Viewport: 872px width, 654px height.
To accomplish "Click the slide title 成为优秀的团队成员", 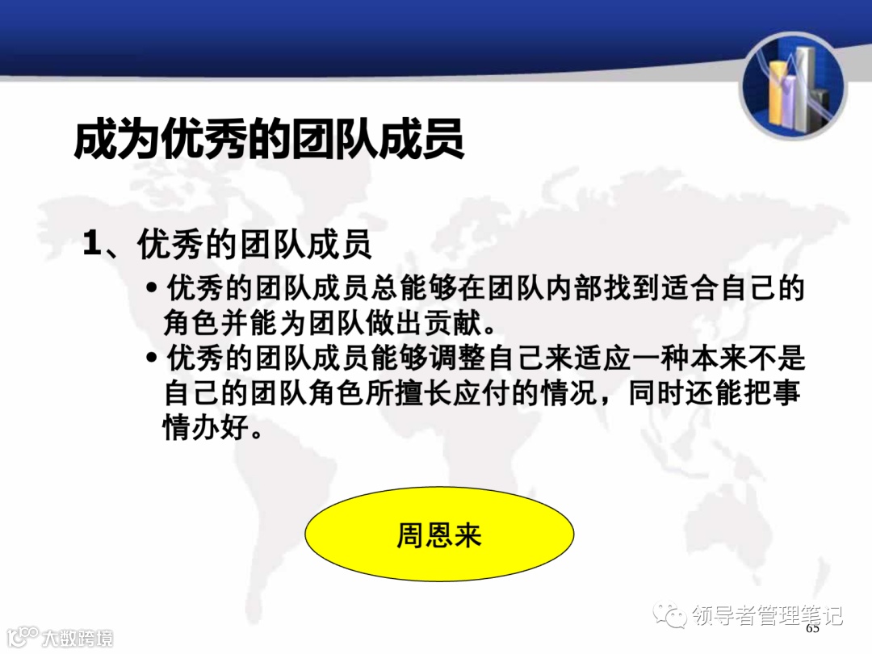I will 269,139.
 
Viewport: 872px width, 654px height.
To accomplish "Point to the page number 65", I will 812,629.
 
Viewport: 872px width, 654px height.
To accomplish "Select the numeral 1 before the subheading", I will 93,245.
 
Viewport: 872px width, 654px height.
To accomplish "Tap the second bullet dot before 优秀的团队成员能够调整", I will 152,358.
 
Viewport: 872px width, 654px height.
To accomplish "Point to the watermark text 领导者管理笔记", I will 767,615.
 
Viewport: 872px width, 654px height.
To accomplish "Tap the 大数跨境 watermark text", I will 78,638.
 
